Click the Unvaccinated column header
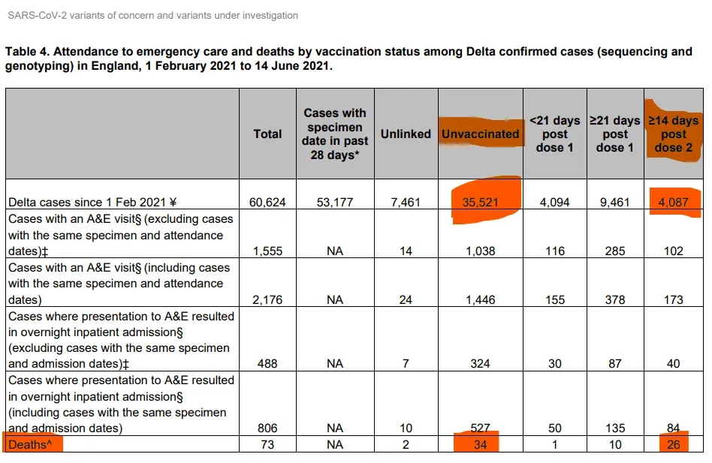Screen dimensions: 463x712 coord(480,134)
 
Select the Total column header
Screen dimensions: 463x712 coord(267,134)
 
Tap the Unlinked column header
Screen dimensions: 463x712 coord(406,134)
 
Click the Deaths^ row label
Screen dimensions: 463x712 coord(32,444)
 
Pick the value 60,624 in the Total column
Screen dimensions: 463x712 coord(267,202)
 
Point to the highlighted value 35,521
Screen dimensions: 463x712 coord(480,202)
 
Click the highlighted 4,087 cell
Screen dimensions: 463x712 coord(674,202)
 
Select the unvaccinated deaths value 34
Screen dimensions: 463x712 coord(480,444)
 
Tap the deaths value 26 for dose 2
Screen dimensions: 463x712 coord(674,444)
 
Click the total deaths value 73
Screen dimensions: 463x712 coord(267,444)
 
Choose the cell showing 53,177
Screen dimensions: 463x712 coord(335,202)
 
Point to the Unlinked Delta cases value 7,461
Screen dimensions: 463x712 coord(406,202)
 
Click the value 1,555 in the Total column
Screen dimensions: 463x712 coord(267,251)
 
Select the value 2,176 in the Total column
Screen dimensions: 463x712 coord(267,300)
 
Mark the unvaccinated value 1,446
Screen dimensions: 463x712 coord(480,300)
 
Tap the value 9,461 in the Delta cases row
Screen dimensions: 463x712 coord(615,202)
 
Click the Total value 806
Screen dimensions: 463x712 coord(267,428)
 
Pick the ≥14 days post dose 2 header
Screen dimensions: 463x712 coord(674,134)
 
